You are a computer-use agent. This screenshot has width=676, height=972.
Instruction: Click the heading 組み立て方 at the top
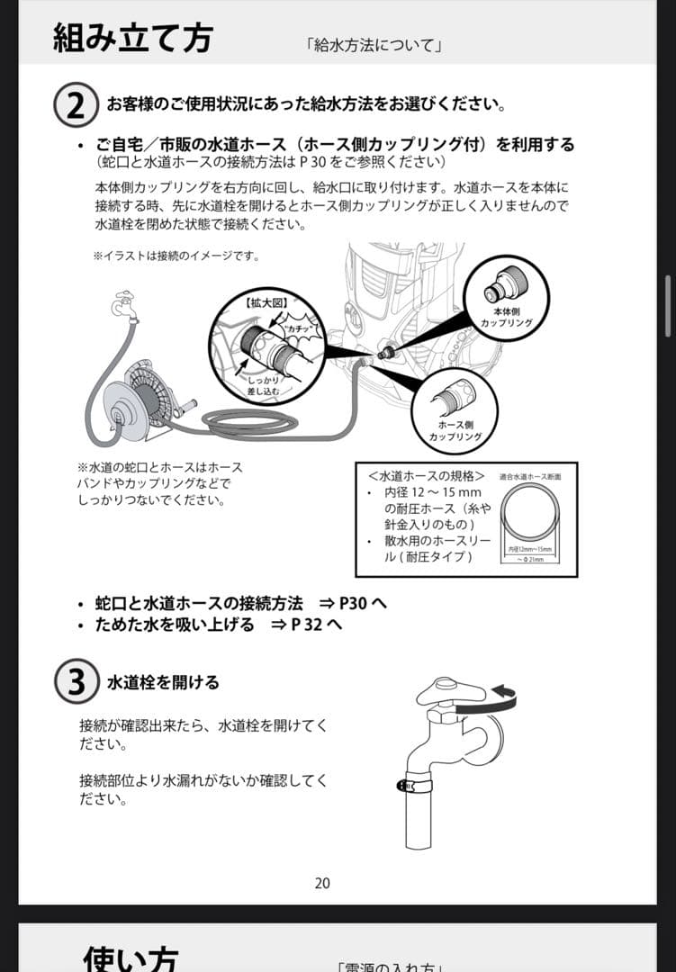(132, 38)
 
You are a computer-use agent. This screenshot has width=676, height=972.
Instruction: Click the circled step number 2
(77, 105)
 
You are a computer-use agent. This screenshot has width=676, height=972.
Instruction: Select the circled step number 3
(77, 682)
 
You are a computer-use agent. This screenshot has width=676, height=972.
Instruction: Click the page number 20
(322, 883)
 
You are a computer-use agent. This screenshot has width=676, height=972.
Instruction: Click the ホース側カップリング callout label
(455, 430)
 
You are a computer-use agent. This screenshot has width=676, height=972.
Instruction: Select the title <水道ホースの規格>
(427, 475)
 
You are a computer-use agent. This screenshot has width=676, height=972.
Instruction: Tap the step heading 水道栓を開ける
(163, 682)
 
